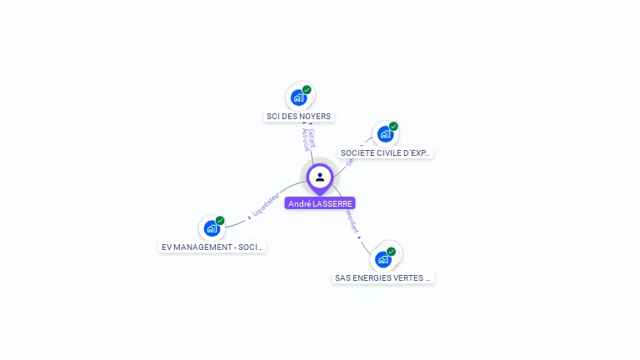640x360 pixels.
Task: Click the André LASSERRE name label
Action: [320, 203]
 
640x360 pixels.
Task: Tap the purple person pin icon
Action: [320, 177]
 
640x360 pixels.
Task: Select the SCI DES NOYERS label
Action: [298, 117]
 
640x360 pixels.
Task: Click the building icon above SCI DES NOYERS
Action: [299, 98]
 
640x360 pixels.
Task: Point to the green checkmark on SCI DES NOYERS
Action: [307, 90]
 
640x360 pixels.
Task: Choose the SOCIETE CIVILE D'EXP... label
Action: [385, 153]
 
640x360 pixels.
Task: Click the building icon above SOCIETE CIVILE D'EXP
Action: [384, 134]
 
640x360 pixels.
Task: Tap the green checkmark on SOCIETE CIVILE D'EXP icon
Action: [393, 127]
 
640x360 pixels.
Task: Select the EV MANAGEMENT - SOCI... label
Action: [212, 247]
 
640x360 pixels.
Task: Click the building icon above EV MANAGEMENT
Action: [212, 228]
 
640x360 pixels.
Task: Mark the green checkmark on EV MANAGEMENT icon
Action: [220, 221]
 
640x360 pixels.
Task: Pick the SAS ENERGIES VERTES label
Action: [383, 277]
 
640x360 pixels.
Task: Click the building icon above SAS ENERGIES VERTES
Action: [382, 259]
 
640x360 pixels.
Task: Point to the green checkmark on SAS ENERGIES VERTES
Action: [391, 251]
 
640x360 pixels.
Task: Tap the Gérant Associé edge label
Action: [308, 139]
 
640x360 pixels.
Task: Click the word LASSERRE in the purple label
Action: [332, 203]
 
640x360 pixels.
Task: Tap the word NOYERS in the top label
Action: [315, 117]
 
